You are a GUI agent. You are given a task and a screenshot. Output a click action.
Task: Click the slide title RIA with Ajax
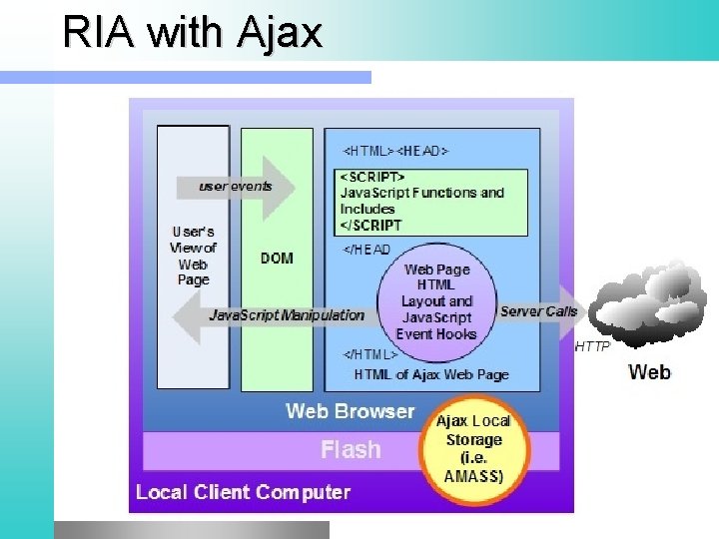coord(192,32)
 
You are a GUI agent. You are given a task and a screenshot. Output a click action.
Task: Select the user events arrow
coord(237,187)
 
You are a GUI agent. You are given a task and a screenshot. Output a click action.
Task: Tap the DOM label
coord(277,258)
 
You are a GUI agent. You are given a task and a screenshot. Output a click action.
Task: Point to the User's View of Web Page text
coord(193,256)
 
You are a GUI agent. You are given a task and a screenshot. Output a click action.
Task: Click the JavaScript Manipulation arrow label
coord(287,315)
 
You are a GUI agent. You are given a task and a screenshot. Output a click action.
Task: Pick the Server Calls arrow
coord(539,311)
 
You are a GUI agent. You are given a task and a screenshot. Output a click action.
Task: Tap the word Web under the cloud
coord(649,372)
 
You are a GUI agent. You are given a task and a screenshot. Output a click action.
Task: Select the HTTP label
coord(592,347)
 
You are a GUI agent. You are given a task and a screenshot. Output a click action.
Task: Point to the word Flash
coord(351,450)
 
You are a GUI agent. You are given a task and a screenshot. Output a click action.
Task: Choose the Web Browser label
coord(350,411)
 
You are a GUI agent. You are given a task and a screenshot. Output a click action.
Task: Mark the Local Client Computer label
coord(243,492)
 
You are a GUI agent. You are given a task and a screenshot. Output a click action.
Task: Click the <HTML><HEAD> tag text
coord(396,151)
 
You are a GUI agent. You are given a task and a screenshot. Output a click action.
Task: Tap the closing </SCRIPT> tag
coord(370,226)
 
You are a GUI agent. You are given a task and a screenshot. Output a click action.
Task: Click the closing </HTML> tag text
coord(370,354)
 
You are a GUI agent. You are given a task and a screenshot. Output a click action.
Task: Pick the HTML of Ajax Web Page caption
coord(431,374)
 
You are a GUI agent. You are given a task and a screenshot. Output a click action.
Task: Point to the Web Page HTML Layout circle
coord(436,301)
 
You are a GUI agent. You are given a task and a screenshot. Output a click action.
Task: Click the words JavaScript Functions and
coord(422,193)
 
